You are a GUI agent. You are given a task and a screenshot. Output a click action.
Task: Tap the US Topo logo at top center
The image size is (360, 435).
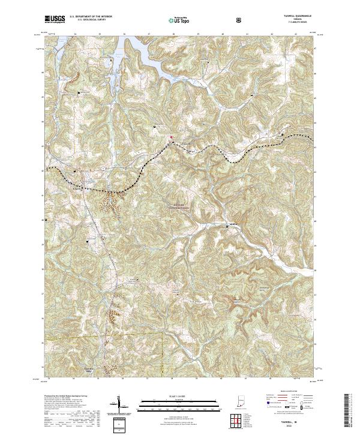click(179, 20)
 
